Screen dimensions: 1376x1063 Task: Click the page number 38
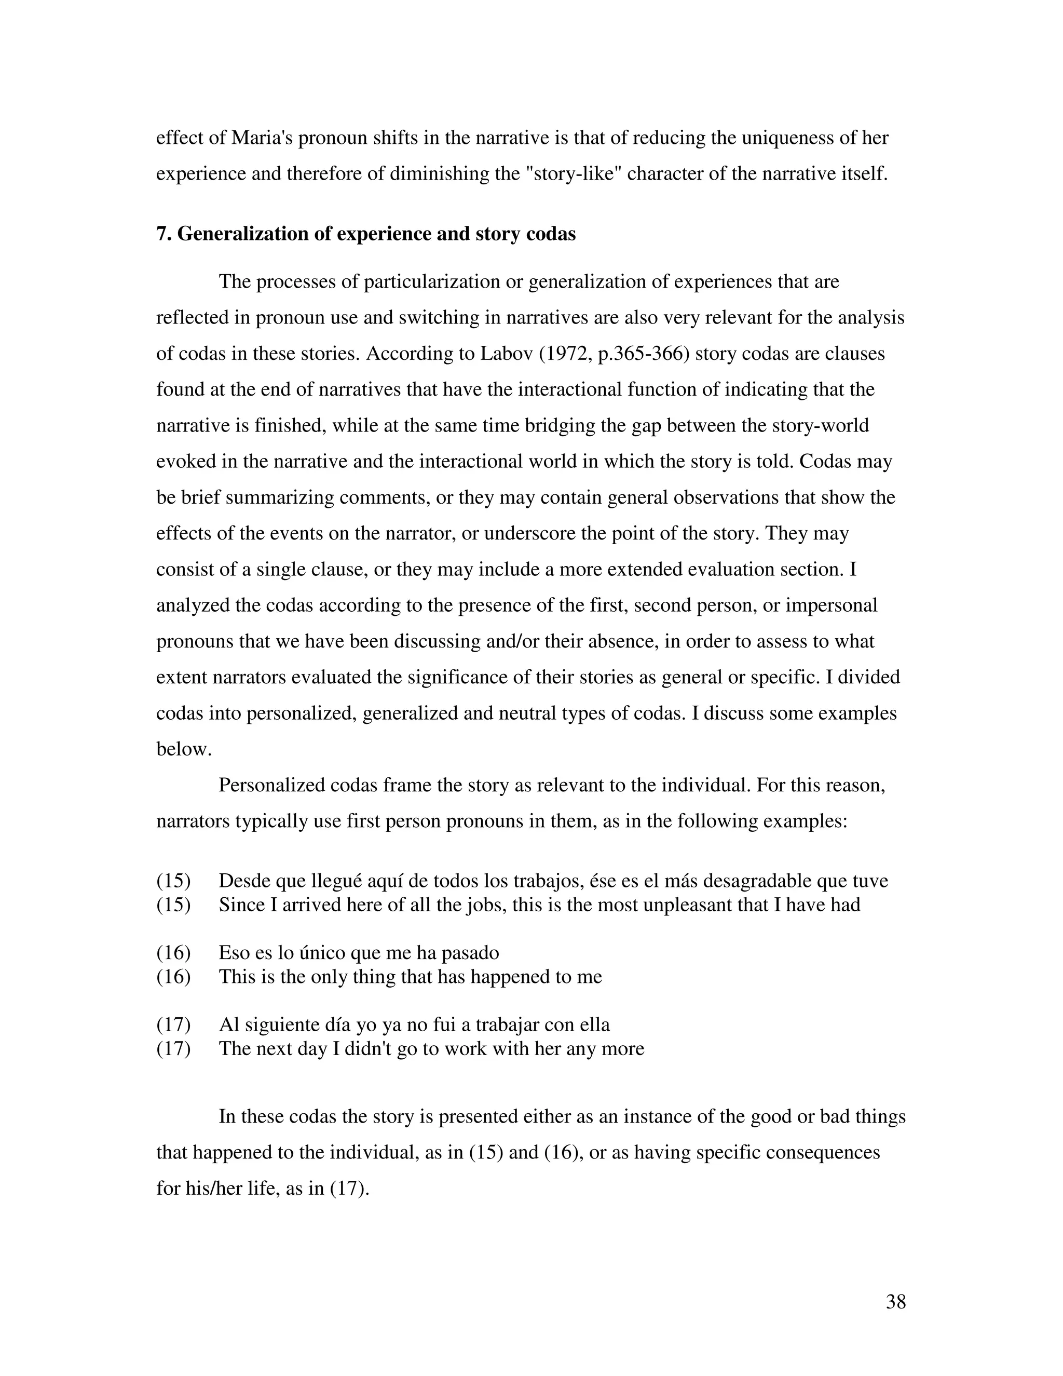click(895, 1301)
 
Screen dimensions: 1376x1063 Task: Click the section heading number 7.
click(163, 234)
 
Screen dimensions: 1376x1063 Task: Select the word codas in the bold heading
click(550, 234)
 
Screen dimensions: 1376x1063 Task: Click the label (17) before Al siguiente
click(173, 1024)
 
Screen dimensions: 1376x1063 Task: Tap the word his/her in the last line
click(215, 1189)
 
